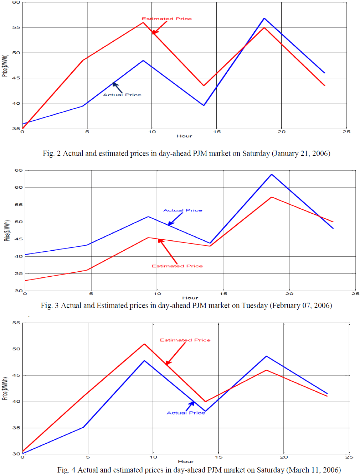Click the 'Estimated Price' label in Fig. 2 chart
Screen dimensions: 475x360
pyautogui.click(x=166, y=19)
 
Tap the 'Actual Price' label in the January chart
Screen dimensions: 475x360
pyautogui.click(x=122, y=95)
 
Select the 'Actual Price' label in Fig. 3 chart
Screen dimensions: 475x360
pyautogui.click(x=182, y=210)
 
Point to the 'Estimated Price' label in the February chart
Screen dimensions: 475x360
pyautogui.click(x=177, y=266)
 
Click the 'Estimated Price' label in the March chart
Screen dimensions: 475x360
pyautogui.click(x=185, y=340)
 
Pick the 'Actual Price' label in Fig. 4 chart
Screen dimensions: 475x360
pyautogui.click(x=186, y=413)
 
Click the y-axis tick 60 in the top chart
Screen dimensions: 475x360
pyautogui.click(x=16, y=2)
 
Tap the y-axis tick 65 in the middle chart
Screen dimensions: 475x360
pyautogui.click(x=19, y=170)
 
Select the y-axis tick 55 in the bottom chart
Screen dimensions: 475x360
pyautogui.click(x=16, y=323)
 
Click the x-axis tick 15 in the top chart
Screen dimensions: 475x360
pyautogui.click(x=217, y=132)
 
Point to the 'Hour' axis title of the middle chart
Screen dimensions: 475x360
pyautogui.click(x=190, y=298)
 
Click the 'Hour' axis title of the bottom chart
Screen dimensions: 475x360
pyautogui.click(x=186, y=461)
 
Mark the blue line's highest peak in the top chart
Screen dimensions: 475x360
pyautogui.click(x=264, y=18)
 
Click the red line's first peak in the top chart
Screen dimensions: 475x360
pyautogui.click(x=143, y=22)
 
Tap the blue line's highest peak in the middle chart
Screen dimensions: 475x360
pyautogui.click(x=272, y=174)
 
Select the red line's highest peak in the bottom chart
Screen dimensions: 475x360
pyautogui.click(x=144, y=344)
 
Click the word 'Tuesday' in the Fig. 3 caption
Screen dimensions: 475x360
pyautogui.click(x=254, y=306)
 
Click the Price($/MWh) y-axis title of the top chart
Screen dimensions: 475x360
pyautogui.click(x=5, y=66)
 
